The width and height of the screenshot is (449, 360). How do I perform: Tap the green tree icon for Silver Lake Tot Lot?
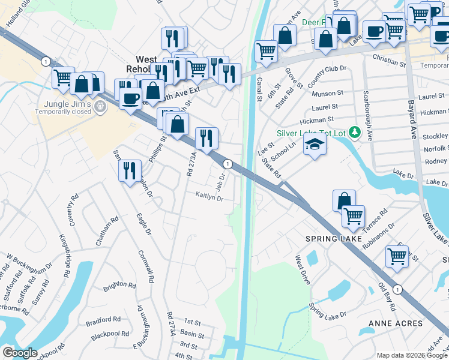[355, 131]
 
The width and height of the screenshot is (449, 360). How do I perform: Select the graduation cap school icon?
[314, 144]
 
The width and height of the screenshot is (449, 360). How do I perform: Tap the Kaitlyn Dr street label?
[209, 195]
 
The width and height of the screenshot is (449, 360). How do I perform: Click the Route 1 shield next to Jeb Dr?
[228, 164]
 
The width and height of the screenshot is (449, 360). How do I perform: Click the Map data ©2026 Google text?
[412, 355]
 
